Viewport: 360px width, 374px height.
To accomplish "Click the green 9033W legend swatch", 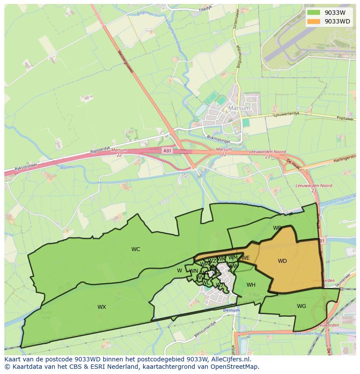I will [x=313, y=13].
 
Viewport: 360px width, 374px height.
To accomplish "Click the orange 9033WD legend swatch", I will [x=313, y=21].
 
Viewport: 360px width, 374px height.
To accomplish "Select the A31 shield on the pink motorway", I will [x=167, y=150].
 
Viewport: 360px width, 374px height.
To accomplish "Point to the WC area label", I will [x=136, y=249].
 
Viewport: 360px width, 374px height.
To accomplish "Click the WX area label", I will [x=102, y=307].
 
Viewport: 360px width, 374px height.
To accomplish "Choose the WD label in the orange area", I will [x=282, y=261].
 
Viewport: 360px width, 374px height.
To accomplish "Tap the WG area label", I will [x=301, y=306].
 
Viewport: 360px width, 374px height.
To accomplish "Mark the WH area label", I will [x=251, y=285].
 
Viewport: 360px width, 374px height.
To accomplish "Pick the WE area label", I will [x=246, y=258].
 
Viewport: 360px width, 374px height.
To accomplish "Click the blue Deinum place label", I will [x=231, y=311].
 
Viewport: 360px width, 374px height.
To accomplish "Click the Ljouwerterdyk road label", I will [x=287, y=115].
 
